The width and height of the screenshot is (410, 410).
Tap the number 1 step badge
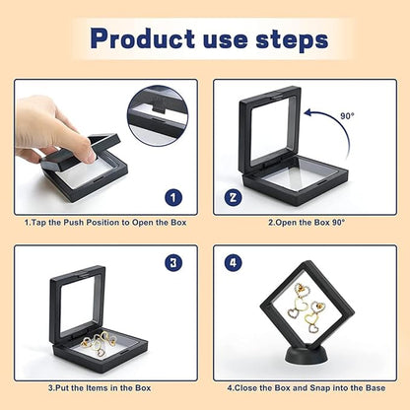173,197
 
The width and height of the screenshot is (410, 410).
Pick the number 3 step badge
173,263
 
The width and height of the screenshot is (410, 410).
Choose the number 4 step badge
234,263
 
